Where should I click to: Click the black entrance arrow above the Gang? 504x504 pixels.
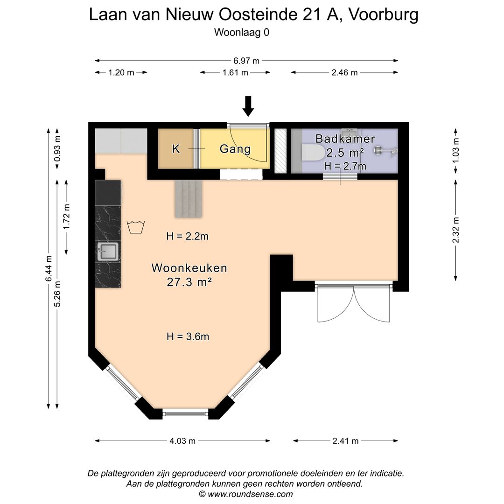click(x=248, y=106)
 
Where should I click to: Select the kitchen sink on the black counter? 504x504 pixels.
click(x=108, y=252)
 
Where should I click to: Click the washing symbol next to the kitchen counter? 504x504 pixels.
click(x=136, y=227)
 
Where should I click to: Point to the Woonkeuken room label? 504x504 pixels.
click(x=189, y=268)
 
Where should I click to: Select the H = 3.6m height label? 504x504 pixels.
click(x=188, y=336)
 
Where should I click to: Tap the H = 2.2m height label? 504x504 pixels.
click(x=187, y=237)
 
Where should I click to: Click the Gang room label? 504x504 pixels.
click(x=235, y=149)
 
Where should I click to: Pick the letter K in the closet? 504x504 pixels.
click(x=176, y=149)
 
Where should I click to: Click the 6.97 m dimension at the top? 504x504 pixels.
click(x=246, y=61)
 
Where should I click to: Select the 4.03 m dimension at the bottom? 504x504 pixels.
click(x=182, y=441)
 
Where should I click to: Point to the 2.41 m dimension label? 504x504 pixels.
click(x=345, y=441)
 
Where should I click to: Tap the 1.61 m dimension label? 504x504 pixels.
click(x=235, y=72)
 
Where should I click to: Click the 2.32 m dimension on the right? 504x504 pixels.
click(x=456, y=231)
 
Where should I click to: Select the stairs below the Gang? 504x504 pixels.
click(x=189, y=199)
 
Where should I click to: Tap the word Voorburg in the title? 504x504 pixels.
click(x=384, y=14)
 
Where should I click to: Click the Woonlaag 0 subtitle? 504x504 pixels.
click(x=242, y=32)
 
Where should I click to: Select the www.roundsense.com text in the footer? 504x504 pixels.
click(x=250, y=494)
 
